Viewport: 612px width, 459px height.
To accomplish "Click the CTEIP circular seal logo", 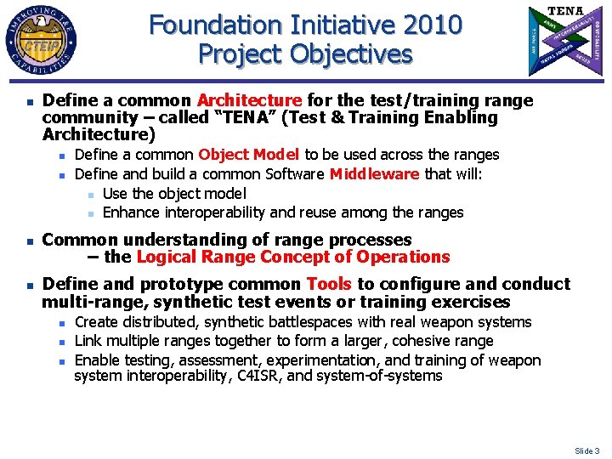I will (42, 41).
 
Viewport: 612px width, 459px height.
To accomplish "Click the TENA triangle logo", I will (564, 40).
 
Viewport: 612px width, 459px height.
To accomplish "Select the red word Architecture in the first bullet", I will (249, 101).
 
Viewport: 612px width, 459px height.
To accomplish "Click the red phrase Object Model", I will (249, 155).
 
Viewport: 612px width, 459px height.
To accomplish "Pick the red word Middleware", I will (374, 174).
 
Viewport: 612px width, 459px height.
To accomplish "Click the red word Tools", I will (329, 284).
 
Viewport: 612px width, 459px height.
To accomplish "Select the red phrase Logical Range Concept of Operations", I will (293, 257).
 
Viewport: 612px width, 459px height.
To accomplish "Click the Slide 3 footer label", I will (586, 450).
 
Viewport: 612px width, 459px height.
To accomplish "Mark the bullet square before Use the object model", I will (90, 195).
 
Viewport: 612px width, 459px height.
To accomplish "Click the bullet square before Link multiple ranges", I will (63, 342).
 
